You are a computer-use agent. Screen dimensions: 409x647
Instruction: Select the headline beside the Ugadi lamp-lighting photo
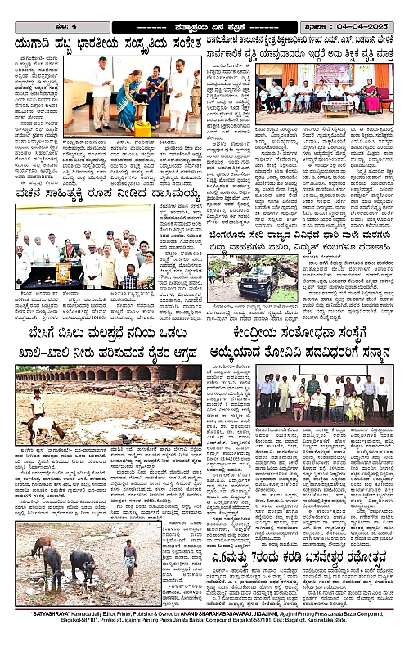pos(101,43)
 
